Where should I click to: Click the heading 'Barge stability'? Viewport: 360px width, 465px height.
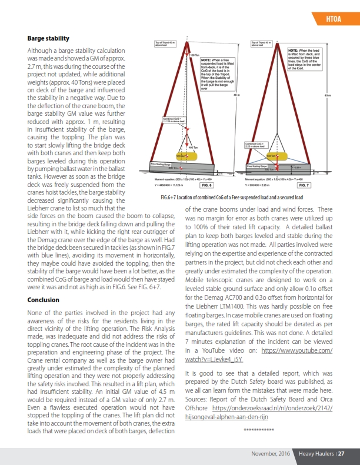(x=48, y=38)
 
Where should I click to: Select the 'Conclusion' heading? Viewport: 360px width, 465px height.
(x=44, y=300)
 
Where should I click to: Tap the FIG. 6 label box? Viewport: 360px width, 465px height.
(x=206, y=185)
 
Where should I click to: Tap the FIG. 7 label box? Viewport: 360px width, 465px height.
(x=306, y=185)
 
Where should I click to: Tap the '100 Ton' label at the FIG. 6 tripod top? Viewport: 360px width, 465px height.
(x=196, y=55)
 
